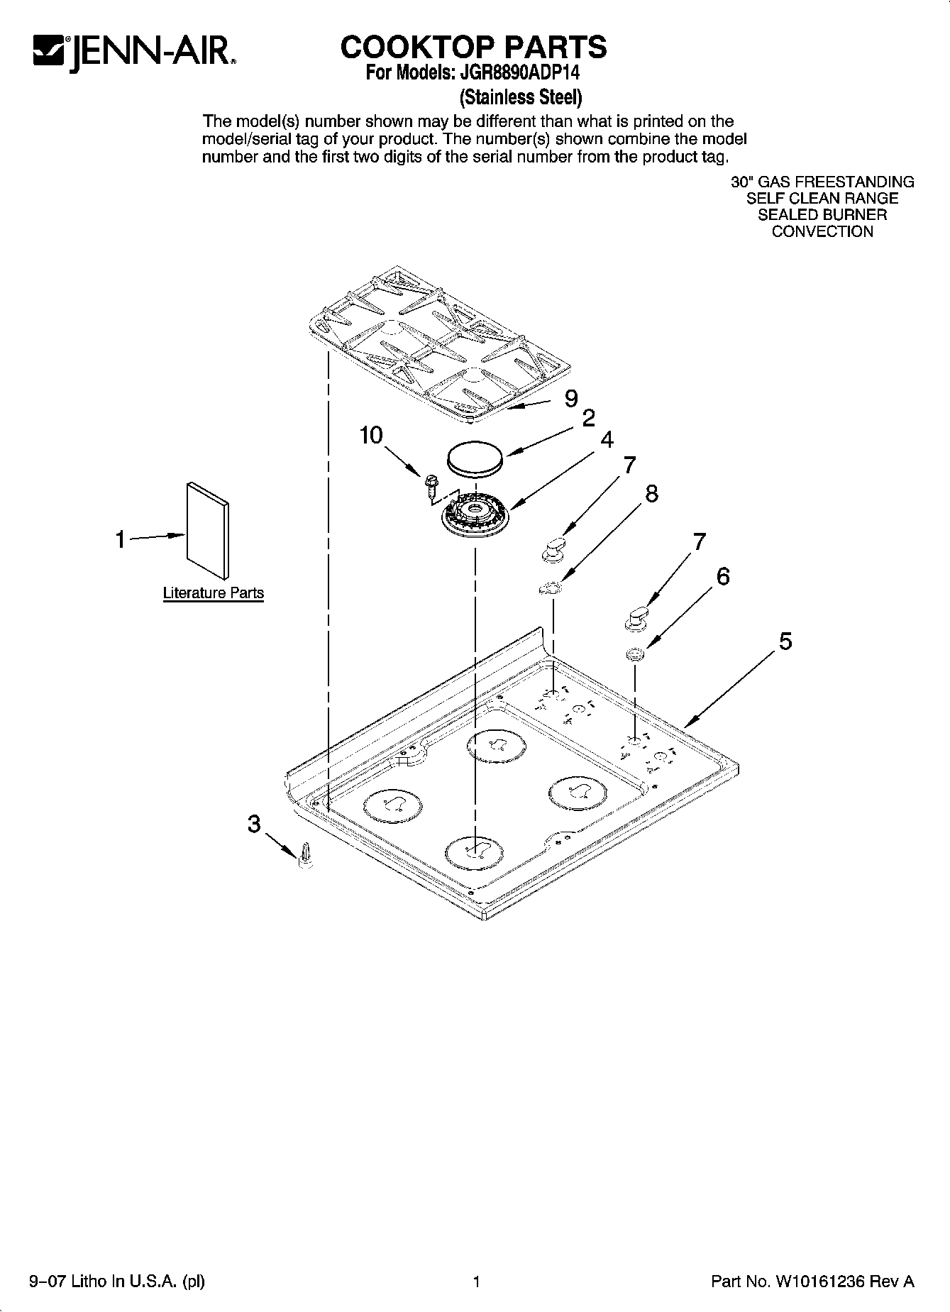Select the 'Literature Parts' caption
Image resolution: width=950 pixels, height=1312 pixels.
pos(213,593)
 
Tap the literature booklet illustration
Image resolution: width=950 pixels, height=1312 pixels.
pos(208,529)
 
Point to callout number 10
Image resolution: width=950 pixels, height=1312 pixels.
pos(371,435)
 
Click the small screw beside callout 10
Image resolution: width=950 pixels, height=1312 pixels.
pos(430,485)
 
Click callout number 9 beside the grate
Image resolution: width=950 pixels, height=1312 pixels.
pos(571,399)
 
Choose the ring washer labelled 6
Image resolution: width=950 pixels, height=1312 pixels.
pos(635,653)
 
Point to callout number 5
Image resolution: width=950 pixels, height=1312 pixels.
pos(785,641)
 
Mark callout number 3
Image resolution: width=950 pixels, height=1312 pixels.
pos(254,824)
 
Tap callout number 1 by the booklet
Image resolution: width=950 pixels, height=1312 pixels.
pos(121,539)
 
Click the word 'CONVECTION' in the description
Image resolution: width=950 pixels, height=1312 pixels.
pos(822,231)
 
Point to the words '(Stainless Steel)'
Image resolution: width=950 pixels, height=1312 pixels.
pos(521,96)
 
